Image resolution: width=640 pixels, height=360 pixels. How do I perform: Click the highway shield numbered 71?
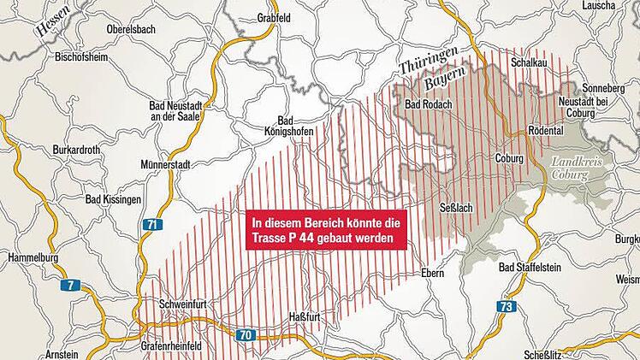(152, 225)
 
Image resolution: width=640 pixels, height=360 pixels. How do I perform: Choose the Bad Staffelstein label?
(530, 268)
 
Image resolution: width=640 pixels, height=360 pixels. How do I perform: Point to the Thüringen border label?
(428, 59)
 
